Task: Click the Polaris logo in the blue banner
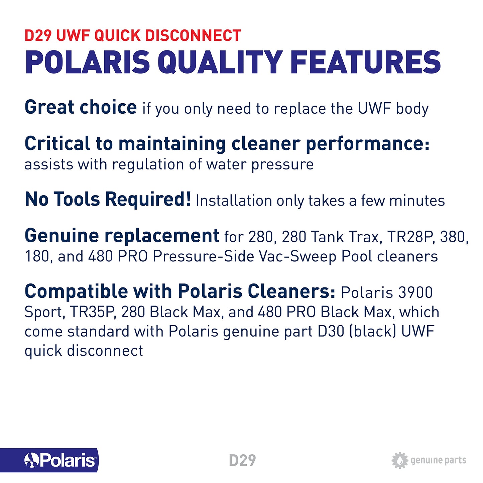click(x=61, y=460)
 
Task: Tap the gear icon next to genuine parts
click(x=399, y=460)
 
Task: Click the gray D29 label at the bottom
click(x=242, y=460)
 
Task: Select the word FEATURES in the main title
click(x=365, y=63)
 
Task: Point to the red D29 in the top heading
click(x=38, y=36)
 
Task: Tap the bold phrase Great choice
click(x=81, y=107)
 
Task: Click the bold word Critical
click(x=57, y=144)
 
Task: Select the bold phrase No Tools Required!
click(x=108, y=199)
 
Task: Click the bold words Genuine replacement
click(x=122, y=236)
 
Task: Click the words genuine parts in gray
click(x=438, y=460)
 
